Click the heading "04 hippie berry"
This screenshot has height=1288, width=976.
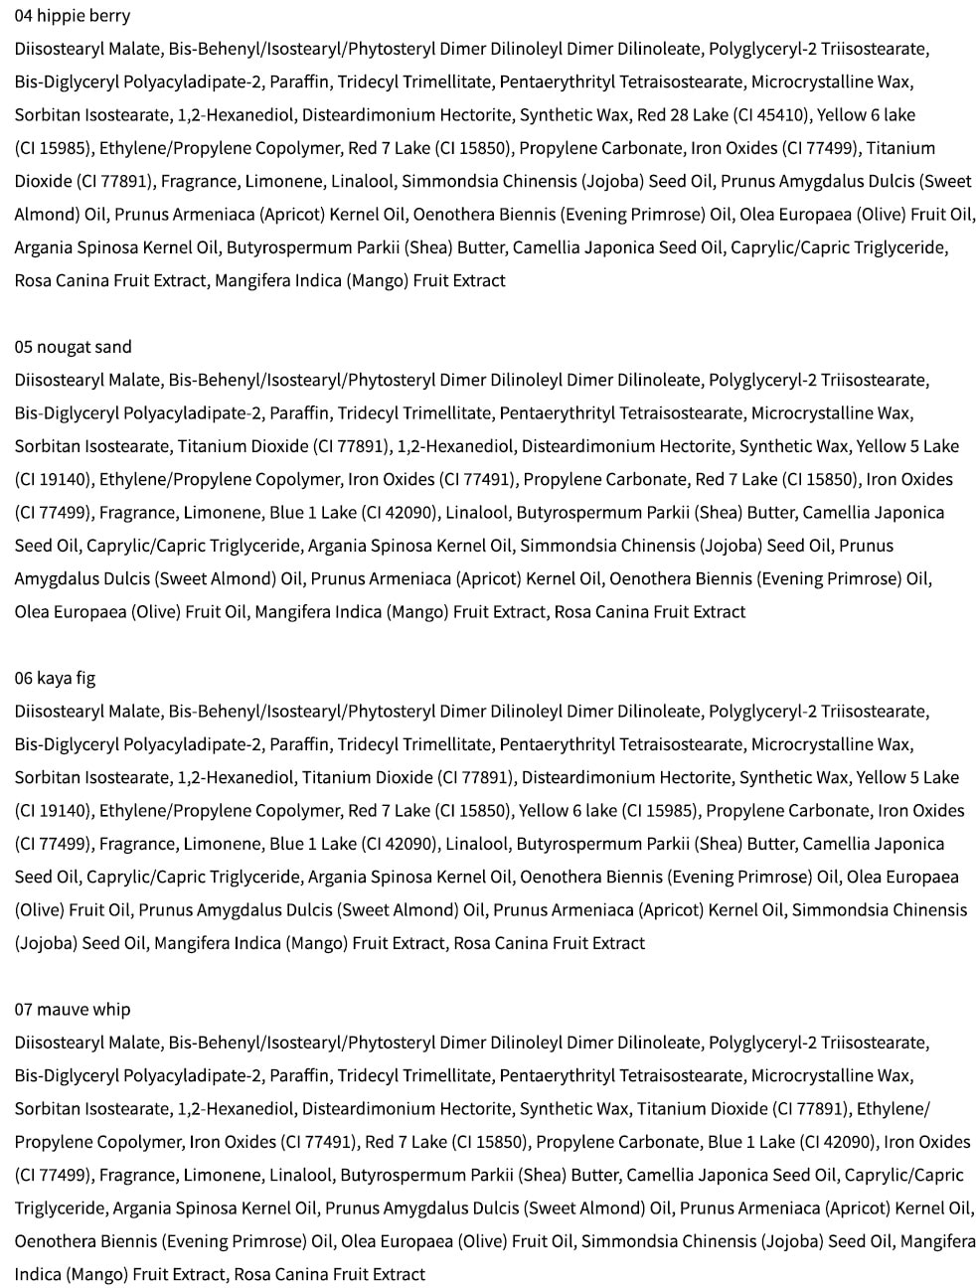[73, 16]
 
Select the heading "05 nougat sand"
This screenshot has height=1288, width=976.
[74, 347]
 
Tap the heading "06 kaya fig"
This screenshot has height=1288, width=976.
[56, 678]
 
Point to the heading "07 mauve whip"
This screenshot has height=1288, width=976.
[73, 1009]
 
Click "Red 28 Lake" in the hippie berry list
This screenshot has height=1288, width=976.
[683, 115]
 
